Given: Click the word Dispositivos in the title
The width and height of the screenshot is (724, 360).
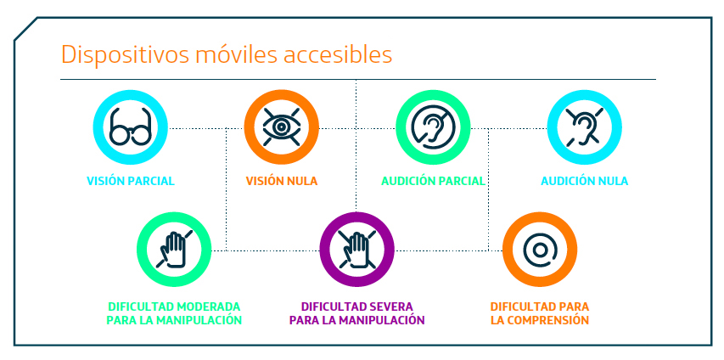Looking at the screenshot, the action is point(125,55).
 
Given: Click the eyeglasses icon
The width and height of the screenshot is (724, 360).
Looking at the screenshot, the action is point(130,127).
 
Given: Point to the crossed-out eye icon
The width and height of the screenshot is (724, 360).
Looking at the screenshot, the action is point(281,127).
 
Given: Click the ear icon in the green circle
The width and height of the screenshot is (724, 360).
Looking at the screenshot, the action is point(433,127).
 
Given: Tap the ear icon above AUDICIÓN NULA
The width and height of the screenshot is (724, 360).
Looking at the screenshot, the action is point(584,127).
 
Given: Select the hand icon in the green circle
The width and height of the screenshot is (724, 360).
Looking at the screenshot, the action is point(174,249).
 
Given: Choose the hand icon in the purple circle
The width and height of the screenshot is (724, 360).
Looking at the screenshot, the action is point(356,249).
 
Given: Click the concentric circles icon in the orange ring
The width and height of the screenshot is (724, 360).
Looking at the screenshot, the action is point(539,250).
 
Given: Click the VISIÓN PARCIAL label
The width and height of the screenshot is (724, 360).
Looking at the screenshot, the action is point(131,181).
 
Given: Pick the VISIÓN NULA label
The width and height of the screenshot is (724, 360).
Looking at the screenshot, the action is point(282,181).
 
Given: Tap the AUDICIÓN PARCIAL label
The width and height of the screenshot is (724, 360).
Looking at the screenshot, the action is point(433,181).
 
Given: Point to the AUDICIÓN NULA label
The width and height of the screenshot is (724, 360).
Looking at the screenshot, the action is point(585,181).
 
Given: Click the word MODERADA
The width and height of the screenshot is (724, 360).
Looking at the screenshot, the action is point(210,307).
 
